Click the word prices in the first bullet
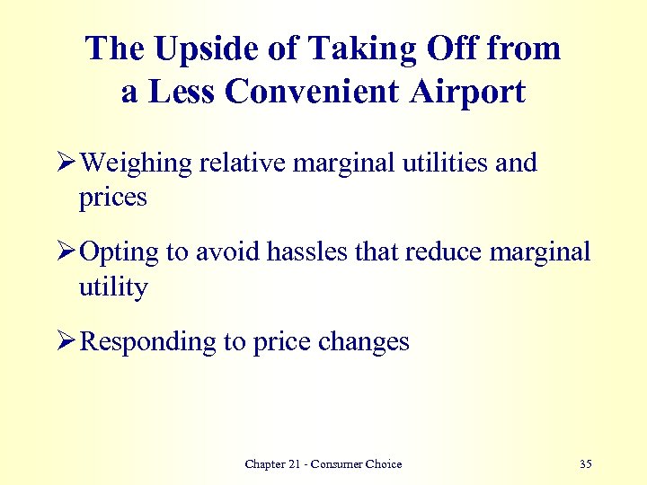click(112, 198)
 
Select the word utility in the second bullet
click(113, 288)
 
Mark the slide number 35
click(586, 464)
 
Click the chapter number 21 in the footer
click(297, 464)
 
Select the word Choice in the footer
click(384, 464)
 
